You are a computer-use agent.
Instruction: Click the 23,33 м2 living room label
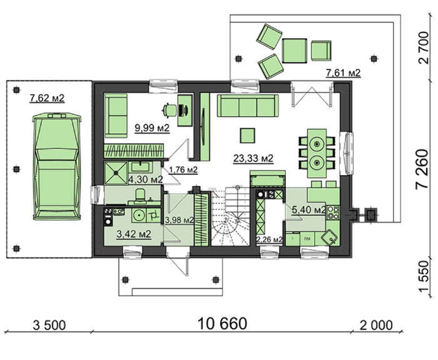pos(253,158)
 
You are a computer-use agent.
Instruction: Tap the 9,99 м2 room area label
pos(152,128)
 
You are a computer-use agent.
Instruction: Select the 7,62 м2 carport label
pos(47,98)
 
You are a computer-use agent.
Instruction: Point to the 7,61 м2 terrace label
pos(344,73)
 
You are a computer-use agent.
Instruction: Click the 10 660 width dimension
pos(222,324)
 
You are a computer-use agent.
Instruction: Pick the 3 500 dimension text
pos(49,326)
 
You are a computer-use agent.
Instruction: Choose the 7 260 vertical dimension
pos(422,170)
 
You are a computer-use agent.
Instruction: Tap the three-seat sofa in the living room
pos(248,106)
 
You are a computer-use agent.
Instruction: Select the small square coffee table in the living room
pos(248,136)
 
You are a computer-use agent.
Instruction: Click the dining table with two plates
pos(317,153)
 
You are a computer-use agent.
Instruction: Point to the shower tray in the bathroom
pos(116,173)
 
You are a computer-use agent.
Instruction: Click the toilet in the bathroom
pos(140,195)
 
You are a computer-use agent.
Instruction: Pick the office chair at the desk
pos(170,110)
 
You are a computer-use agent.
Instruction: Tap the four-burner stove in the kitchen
pos(333,212)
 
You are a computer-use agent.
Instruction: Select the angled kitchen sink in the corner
pos(329,238)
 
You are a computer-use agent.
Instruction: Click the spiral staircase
pos(230,217)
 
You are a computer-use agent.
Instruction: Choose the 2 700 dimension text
pos(424,48)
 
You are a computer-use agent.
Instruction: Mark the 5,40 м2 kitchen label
pos(308,210)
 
